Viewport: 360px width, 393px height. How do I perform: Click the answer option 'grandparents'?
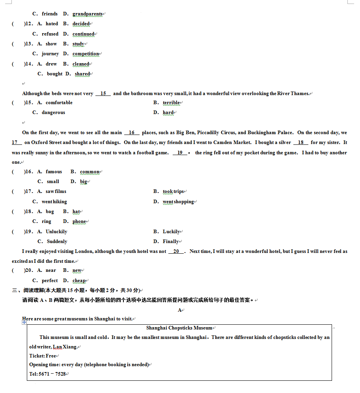87,14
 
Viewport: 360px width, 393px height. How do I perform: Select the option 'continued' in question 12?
83,34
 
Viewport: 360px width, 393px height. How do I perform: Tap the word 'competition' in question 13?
86,54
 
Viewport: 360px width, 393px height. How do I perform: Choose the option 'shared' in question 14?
82,74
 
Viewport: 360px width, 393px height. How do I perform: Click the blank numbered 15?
103,94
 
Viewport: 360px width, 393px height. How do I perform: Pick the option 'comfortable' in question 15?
59,103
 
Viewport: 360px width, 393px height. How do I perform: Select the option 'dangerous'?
53,112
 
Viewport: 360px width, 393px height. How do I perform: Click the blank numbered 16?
132,133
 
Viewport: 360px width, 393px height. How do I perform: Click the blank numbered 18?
301,142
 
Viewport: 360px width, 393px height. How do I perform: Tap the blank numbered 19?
180,153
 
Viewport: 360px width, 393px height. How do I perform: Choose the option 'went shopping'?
178,202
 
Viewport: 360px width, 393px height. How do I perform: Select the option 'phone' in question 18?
79,221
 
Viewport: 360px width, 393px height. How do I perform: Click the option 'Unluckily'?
56,232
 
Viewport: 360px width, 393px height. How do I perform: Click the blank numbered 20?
176,251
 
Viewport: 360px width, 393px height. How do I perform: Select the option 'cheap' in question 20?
79,281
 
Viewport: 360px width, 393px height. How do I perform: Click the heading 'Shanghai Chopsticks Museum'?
179,328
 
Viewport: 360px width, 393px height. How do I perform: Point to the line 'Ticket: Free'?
43,356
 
